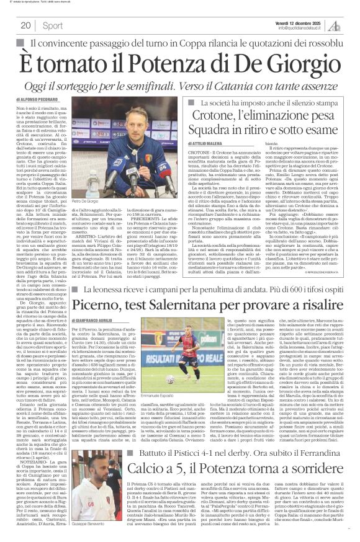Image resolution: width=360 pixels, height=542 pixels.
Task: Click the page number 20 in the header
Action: (x=25, y=25)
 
